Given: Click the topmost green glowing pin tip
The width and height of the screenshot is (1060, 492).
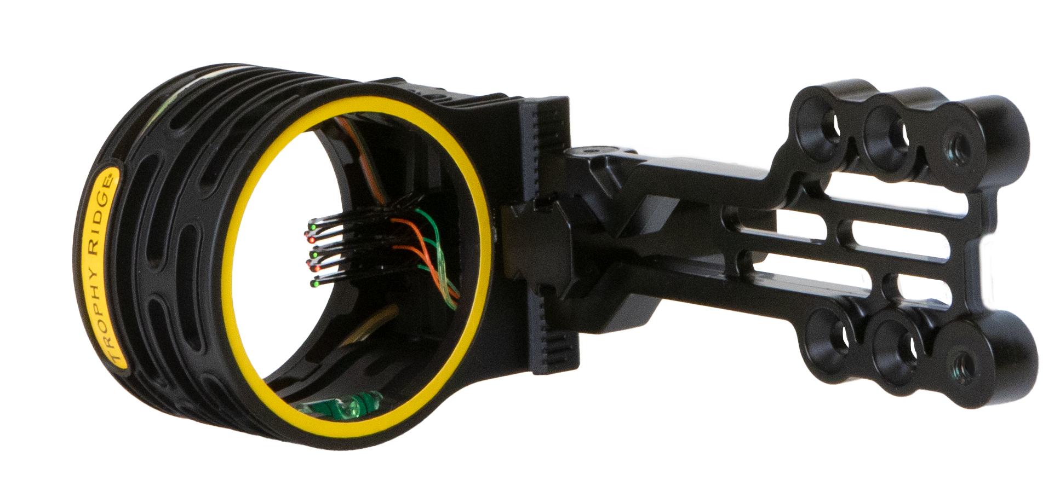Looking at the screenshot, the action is (x=311, y=225).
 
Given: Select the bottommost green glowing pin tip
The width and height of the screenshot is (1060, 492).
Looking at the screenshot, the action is (x=313, y=284).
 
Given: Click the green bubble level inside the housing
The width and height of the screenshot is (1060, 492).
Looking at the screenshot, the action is (x=340, y=405).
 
